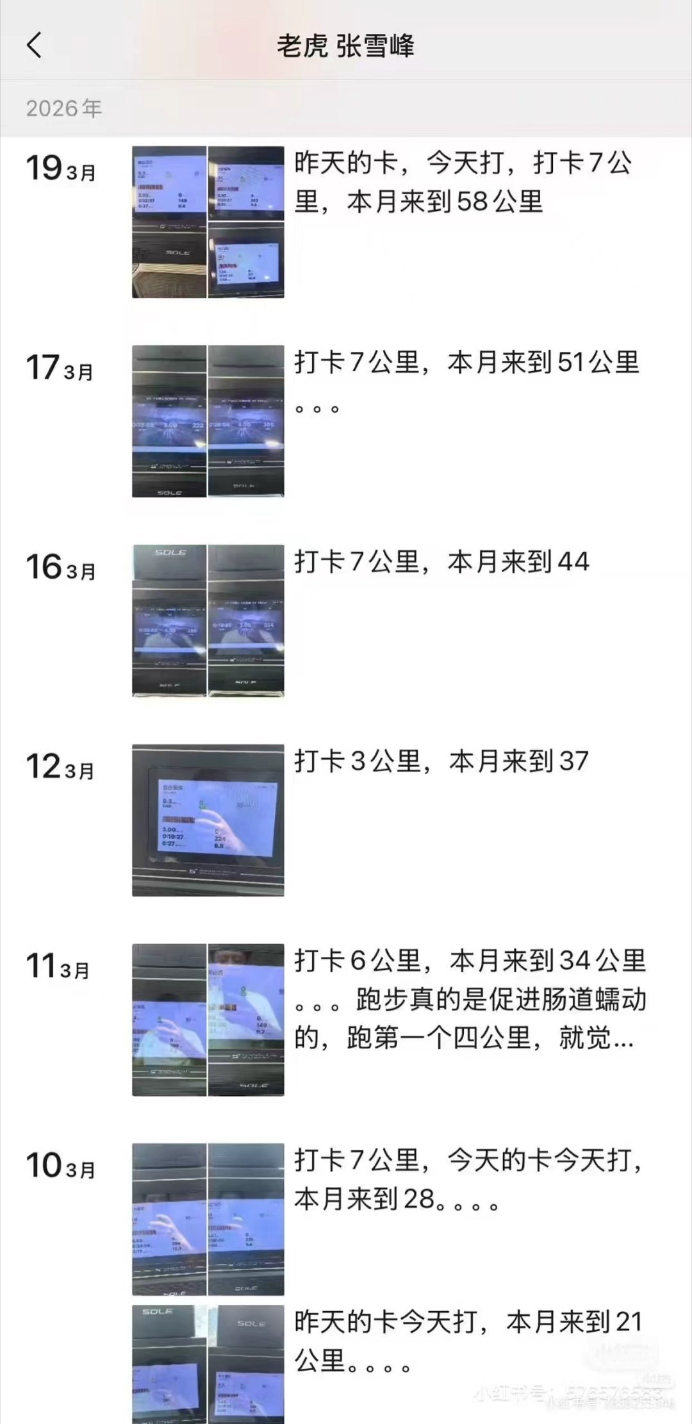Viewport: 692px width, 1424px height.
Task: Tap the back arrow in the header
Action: coord(35,46)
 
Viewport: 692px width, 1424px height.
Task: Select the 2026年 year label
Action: coord(64,108)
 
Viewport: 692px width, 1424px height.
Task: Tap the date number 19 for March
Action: coord(44,169)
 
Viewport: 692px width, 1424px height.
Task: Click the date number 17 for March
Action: coord(43,368)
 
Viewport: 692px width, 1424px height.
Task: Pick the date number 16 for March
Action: coord(44,567)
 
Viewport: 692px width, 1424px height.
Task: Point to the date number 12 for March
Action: coord(43,766)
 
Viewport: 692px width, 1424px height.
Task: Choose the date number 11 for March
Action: coord(41,966)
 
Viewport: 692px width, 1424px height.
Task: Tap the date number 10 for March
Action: coord(44,1165)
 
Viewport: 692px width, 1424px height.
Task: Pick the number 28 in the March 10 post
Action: coord(418,1198)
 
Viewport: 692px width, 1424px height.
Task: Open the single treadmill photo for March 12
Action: coord(208,820)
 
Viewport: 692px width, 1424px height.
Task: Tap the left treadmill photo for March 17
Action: coord(169,421)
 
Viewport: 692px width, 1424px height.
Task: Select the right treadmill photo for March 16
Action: coord(246,620)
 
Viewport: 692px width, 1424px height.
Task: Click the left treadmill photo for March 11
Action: coord(169,1020)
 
